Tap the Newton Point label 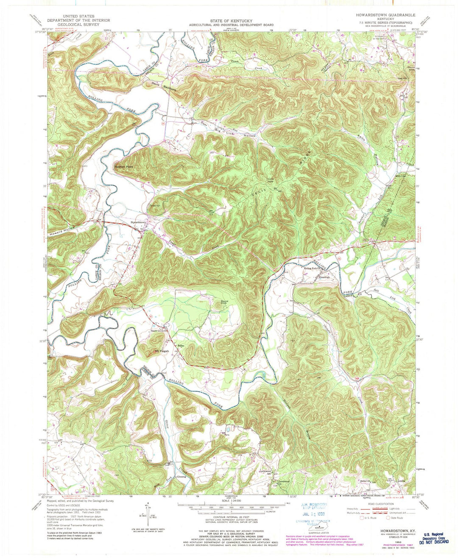[x=123, y=167]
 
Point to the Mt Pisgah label [x=162, y=351]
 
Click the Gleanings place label [x=330, y=278]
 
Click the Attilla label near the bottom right [x=401, y=482]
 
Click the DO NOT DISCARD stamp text [x=434, y=542]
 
